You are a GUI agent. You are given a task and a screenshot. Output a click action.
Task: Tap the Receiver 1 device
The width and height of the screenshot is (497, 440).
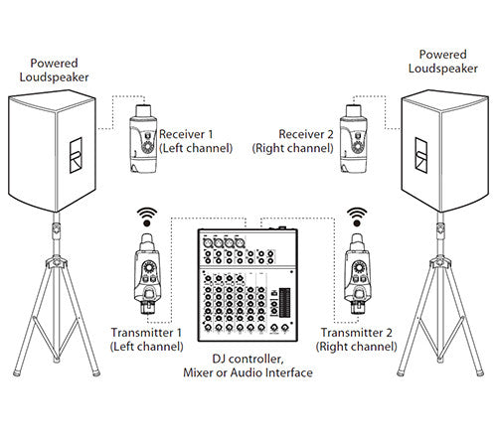(x=140, y=138)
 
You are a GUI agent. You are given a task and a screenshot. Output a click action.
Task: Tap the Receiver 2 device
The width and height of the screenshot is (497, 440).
(x=351, y=138)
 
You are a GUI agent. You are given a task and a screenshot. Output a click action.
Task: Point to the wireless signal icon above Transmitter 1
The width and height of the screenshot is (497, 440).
(x=147, y=217)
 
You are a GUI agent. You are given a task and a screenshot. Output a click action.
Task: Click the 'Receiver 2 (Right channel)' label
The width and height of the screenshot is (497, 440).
(x=297, y=140)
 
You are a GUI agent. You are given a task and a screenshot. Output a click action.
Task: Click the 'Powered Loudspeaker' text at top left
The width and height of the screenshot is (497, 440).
(x=56, y=69)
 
